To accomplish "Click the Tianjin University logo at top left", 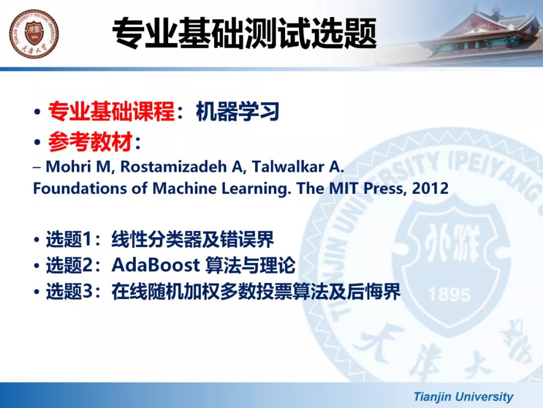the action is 34,34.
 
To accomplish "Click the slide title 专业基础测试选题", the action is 244,33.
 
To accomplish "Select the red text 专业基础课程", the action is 111,111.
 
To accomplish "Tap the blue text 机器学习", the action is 237,111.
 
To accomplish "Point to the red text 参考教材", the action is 90,142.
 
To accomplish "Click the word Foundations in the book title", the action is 79,188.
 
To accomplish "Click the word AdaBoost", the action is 156,265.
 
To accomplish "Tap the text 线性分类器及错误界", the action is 193,239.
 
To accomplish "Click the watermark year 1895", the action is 449,295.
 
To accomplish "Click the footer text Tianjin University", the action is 464,396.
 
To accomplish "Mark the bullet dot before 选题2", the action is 37,266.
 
